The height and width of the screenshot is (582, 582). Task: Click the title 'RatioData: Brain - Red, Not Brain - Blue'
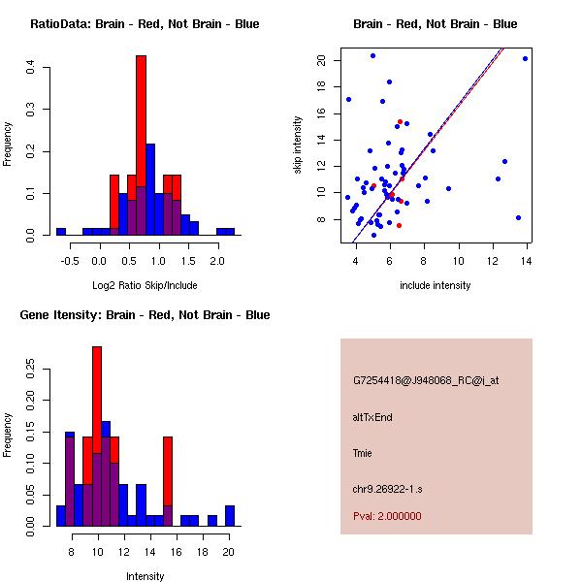click(x=145, y=24)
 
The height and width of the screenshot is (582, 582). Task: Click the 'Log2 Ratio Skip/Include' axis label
click(x=145, y=285)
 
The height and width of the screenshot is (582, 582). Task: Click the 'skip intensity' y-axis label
click(x=300, y=145)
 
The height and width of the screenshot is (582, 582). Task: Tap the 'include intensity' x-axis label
click(x=435, y=285)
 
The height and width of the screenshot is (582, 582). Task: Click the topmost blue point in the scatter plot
click(x=372, y=56)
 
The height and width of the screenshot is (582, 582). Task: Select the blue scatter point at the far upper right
click(x=525, y=59)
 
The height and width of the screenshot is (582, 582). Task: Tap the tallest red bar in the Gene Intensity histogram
click(x=97, y=388)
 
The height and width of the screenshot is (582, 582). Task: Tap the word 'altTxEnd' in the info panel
click(x=372, y=417)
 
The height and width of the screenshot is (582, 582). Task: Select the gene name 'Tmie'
click(x=363, y=452)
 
